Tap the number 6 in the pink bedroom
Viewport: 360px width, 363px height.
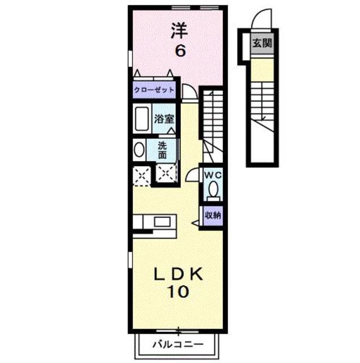coord(179,50)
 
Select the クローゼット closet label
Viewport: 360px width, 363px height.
coord(154,90)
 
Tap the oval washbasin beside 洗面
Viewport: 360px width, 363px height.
coord(139,150)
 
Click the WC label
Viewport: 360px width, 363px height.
coord(213,174)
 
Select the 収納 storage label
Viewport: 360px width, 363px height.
coord(213,215)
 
